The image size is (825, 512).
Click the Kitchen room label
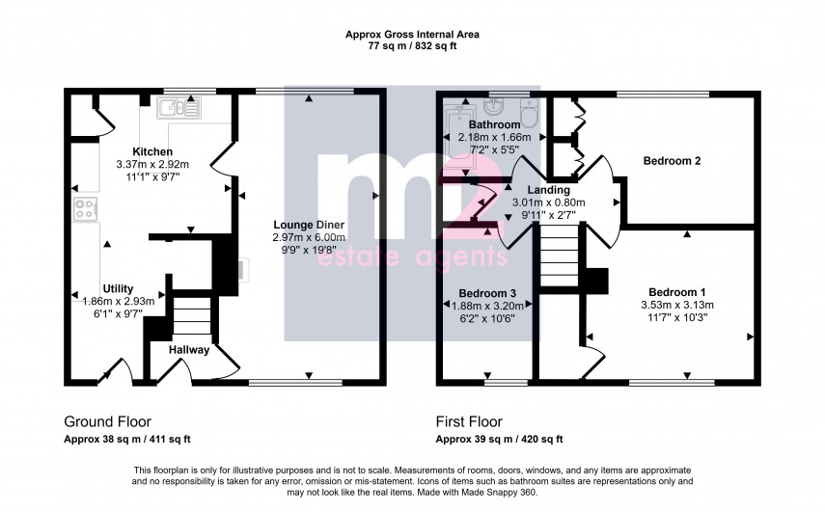pos(152,152)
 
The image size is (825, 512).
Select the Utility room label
pos(118,288)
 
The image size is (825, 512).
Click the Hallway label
pos(189,350)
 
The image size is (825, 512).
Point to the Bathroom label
pos(494,125)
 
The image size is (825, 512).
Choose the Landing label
pos(547,190)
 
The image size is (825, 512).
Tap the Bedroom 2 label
pos(673,161)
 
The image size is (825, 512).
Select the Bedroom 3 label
pos(487,293)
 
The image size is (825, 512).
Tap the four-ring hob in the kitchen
pos(82,208)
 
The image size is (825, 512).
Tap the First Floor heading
pos(469,421)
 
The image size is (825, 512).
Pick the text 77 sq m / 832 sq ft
pos(412,45)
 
